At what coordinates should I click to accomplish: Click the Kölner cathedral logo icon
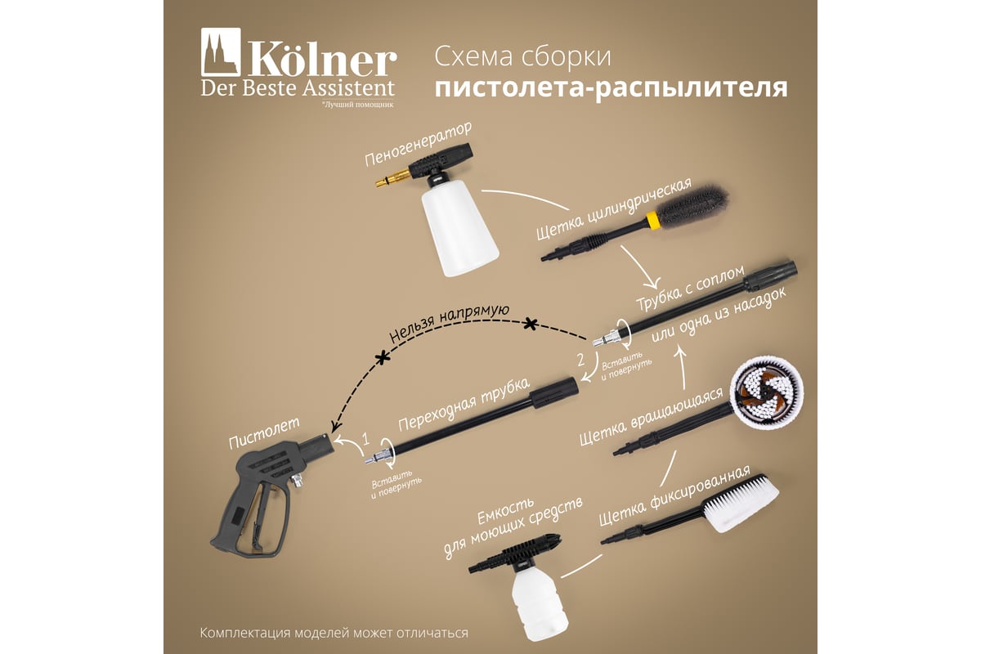point(221,52)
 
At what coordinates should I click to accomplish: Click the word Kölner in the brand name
point(323,61)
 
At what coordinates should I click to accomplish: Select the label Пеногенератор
point(419,143)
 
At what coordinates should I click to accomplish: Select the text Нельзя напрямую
point(449,323)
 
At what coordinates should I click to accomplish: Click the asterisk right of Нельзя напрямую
point(531,325)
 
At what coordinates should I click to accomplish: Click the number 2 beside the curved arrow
point(580,360)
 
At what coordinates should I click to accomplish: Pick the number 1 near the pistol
point(366,439)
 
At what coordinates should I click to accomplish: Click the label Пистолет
point(263,432)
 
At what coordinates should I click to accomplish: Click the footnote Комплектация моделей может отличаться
point(334,633)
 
